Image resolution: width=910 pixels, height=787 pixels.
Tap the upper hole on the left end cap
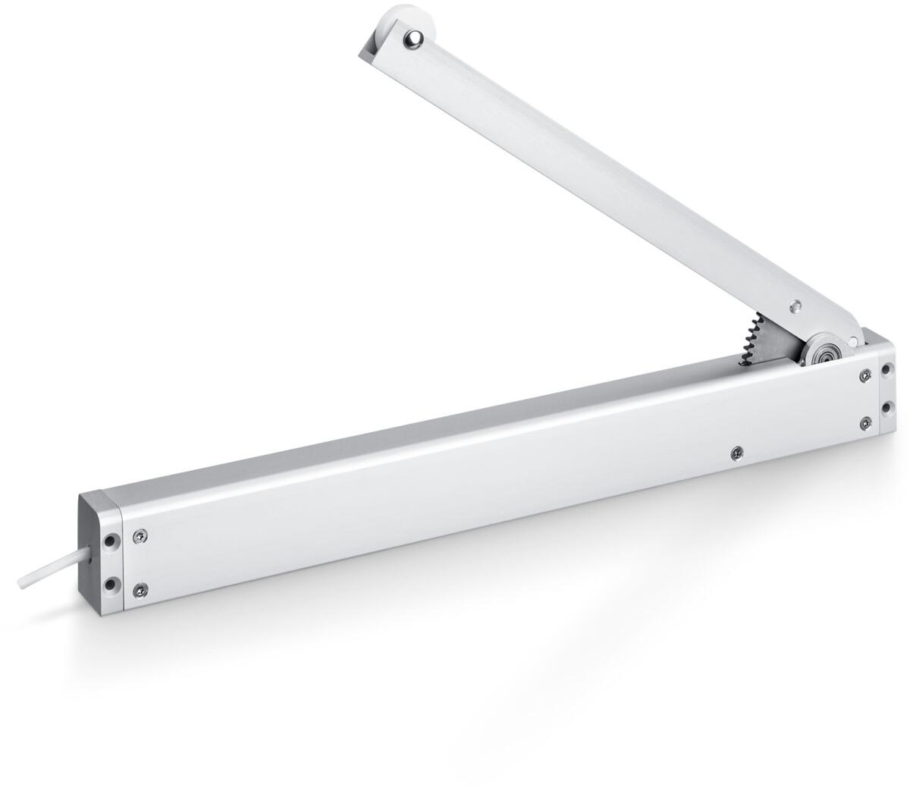pos(111,542)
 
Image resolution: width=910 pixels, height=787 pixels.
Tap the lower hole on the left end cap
pos(111,584)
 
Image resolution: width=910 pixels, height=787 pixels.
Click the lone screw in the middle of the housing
pos(735,453)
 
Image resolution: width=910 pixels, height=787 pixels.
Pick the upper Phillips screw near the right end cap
pos(864,374)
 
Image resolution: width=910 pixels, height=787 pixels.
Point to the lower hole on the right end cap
pos(887,407)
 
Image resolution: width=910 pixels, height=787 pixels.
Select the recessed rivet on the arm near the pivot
pos(795,306)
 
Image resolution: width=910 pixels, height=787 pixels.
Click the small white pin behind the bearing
pos(856,339)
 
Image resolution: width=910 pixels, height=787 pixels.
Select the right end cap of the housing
pos(885,387)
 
